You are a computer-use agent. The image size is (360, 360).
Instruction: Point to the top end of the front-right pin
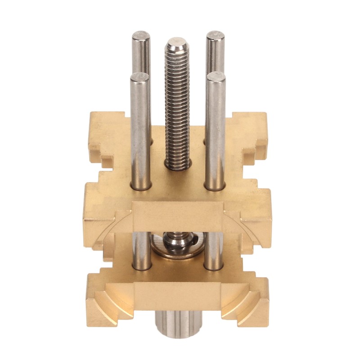[x=216, y=77]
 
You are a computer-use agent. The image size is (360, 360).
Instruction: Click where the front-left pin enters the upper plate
[x=139, y=184]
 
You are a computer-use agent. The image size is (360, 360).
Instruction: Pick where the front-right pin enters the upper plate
[x=215, y=184]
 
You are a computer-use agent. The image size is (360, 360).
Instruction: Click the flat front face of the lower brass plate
[x=178, y=297]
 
